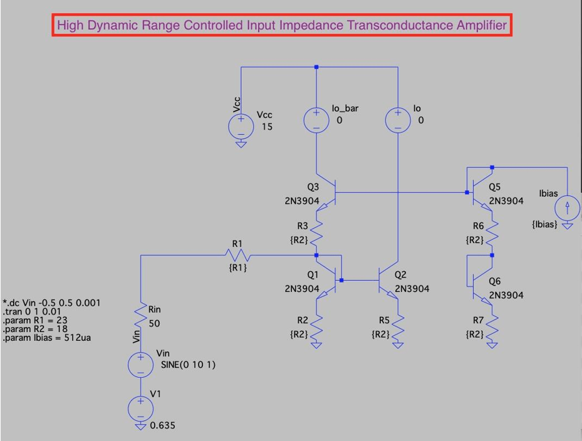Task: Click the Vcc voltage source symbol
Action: [x=241, y=126]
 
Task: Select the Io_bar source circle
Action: [x=316, y=120]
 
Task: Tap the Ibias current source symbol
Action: [x=568, y=207]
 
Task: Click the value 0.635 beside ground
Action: [x=163, y=426]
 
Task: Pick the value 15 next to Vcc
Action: [x=268, y=127]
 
